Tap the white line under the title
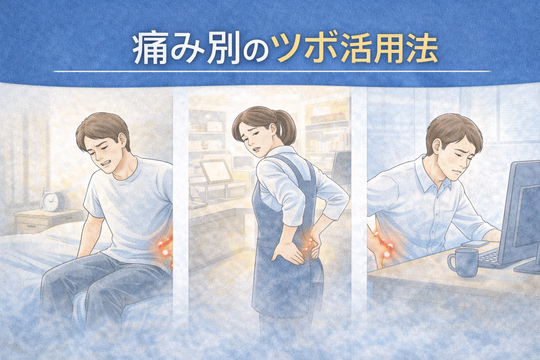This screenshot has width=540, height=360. tap(270, 72)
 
